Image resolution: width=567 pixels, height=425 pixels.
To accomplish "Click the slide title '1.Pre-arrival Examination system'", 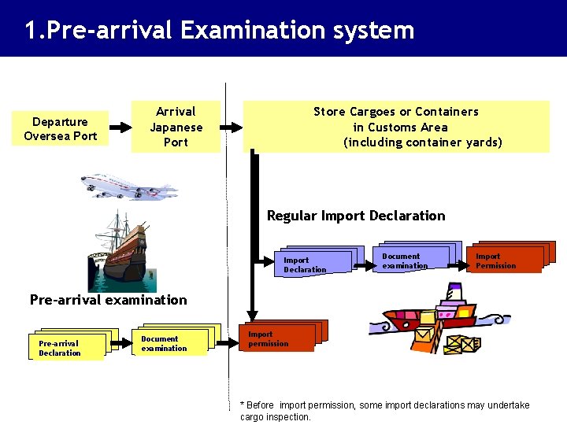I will pyautogui.click(x=219, y=30).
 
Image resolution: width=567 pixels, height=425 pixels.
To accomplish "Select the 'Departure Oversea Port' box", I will pyautogui.click(x=61, y=128).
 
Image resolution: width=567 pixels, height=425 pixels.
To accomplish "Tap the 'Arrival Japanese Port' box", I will pyautogui.click(x=176, y=127).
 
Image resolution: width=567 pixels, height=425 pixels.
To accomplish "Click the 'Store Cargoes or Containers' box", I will pyautogui.click(x=395, y=127).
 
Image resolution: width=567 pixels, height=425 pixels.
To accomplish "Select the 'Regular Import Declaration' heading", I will pyautogui.click(x=356, y=216).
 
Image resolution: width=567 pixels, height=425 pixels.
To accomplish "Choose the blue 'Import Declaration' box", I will pyautogui.click(x=310, y=264).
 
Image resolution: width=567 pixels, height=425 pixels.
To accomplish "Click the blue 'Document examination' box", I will pyautogui.click(x=409, y=260).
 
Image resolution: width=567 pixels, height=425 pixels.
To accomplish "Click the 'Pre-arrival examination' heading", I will pyautogui.click(x=108, y=300).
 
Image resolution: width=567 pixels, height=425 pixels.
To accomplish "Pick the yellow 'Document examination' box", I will pyautogui.click(x=168, y=342).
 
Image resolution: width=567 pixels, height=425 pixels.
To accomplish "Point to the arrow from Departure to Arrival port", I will pyautogui.click(x=120, y=127).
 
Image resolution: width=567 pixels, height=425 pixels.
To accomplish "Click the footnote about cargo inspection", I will pyautogui.click(x=385, y=411).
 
